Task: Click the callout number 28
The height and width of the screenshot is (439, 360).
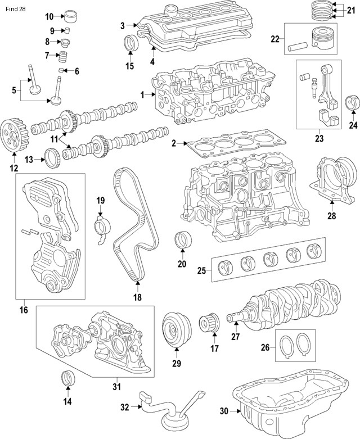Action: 331,215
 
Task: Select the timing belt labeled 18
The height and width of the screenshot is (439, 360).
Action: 130,225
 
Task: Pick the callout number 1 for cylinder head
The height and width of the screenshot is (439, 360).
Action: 143,94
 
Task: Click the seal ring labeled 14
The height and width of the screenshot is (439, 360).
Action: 67,379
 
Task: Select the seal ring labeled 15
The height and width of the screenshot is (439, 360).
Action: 131,43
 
